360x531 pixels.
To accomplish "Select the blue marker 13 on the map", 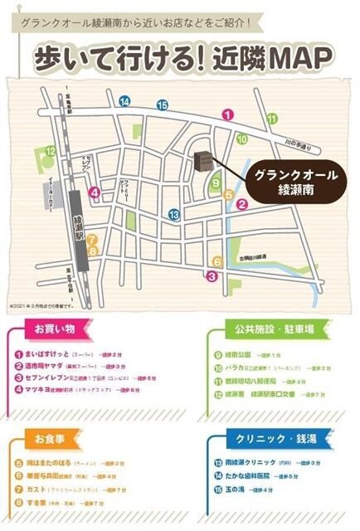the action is point(173,214).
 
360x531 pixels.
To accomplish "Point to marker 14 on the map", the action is point(124,102).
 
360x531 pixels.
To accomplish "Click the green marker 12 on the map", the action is point(51,151).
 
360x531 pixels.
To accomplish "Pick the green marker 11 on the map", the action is point(272,118).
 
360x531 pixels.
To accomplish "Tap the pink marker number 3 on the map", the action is point(212,276).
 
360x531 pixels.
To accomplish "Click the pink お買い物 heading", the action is point(54,329).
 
